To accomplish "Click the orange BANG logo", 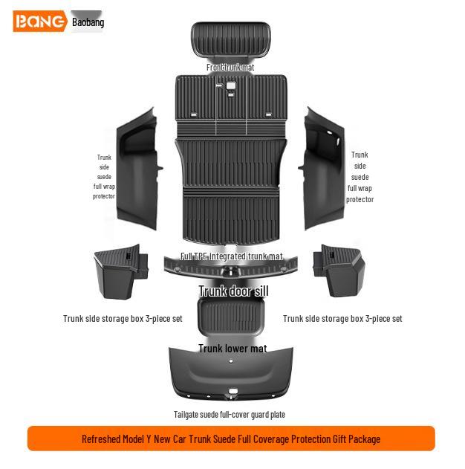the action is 40,21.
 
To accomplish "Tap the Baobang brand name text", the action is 88,22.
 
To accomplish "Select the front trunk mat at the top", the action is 231,39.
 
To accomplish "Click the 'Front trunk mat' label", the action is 230,68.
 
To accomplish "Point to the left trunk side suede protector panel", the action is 137,169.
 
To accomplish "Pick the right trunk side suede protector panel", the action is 322,169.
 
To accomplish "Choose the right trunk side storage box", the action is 339,271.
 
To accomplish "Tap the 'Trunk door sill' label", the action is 234,291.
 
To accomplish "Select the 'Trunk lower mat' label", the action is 232,349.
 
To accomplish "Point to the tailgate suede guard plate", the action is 231,374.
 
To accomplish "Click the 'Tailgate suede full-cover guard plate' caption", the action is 230,415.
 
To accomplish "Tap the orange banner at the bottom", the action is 231,439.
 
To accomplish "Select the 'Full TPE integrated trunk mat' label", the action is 231,256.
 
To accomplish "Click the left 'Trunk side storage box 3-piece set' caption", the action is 123,319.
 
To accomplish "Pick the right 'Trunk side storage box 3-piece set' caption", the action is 342,319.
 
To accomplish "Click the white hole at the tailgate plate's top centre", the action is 231,361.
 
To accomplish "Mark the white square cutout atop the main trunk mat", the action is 231,85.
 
